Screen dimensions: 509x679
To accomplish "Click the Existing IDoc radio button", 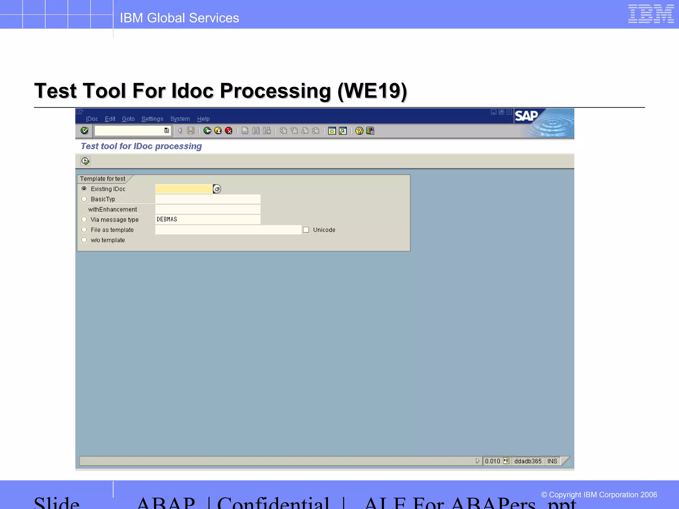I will (x=84, y=189).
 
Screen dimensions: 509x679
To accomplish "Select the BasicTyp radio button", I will (x=84, y=199).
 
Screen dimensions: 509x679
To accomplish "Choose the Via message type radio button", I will (x=84, y=219).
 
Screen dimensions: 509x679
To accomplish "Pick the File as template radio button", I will (x=84, y=230).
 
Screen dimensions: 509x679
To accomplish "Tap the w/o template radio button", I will (x=84, y=240).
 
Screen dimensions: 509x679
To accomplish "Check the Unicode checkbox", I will (x=306, y=230).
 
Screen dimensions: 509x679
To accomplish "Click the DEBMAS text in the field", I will (x=167, y=219).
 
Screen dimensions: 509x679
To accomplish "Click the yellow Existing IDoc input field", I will (x=184, y=189).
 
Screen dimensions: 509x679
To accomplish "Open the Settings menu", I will (x=152, y=119).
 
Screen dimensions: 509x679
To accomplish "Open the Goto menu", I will (x=128, y=119).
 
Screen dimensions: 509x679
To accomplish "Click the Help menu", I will (x=203, y=119).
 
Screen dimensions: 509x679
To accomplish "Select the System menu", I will (x=180, y=119).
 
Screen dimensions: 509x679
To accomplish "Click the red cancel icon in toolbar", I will (x=229, y=131).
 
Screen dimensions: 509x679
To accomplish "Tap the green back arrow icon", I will (x=208, y=131).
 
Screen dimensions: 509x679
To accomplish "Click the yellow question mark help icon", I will (x=359, y=131).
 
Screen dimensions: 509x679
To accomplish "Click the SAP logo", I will (x=526, y=116).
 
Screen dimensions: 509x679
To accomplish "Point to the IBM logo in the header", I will (x=651, y=14).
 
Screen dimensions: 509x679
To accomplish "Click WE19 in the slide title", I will (x=372, y=91).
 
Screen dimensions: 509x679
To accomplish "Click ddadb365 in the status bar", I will (x=528, y=461).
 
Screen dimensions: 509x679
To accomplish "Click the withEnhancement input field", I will (x=208, y=209).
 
